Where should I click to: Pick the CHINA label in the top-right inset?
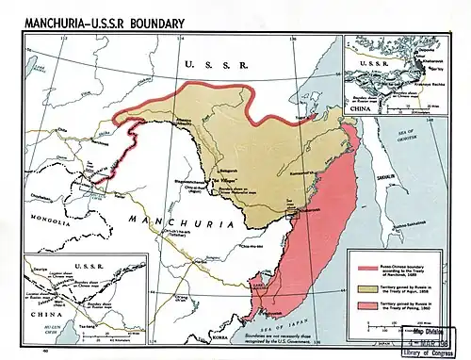coord(363,106)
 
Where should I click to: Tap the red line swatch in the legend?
coord(363,255)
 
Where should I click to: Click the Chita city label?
coord(61,130)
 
